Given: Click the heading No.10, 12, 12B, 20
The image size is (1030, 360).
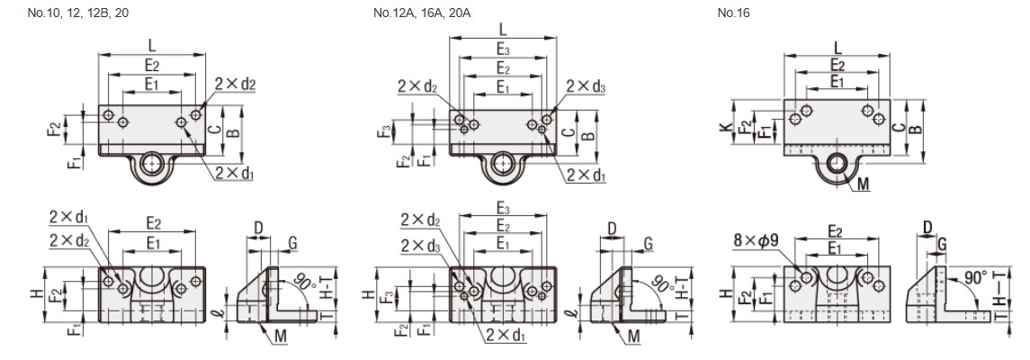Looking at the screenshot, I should (x=78, y=13).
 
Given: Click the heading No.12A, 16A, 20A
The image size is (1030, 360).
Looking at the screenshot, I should (x=421, y=13).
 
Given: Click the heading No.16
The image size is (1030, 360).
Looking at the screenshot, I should (x=734, y=13).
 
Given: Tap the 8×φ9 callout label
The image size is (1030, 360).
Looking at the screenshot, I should (x=754, y=241).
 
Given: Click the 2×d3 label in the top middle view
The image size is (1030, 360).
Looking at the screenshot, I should (x=586, y=86).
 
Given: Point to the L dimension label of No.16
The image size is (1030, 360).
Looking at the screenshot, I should (x=837, y=47).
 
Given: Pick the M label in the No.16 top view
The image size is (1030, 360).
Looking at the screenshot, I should (x=864, y=185).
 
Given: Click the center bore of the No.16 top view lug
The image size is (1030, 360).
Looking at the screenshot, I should (x=838, y=163).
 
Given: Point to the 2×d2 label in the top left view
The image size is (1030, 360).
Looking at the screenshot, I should (x=236, y=85).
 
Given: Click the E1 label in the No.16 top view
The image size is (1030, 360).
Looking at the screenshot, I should (x=837, y=82).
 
